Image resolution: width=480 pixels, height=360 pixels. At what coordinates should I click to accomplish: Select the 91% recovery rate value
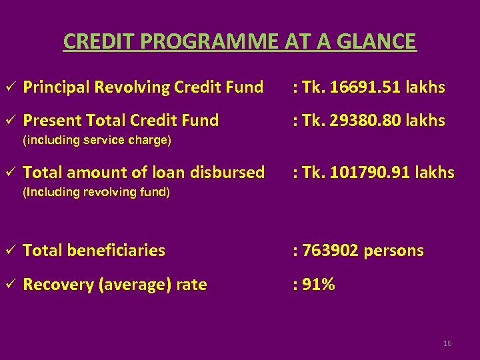pyautogui.click(x=318, y=285)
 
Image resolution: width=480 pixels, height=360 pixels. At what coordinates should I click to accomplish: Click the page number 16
pyautogui.click(x=447, y=343)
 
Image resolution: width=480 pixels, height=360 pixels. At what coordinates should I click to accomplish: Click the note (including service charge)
pyautogui.click(x=97, y=140)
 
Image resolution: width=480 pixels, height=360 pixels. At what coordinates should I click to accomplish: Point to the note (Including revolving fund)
pyautogui.click(x=97, y=193)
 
